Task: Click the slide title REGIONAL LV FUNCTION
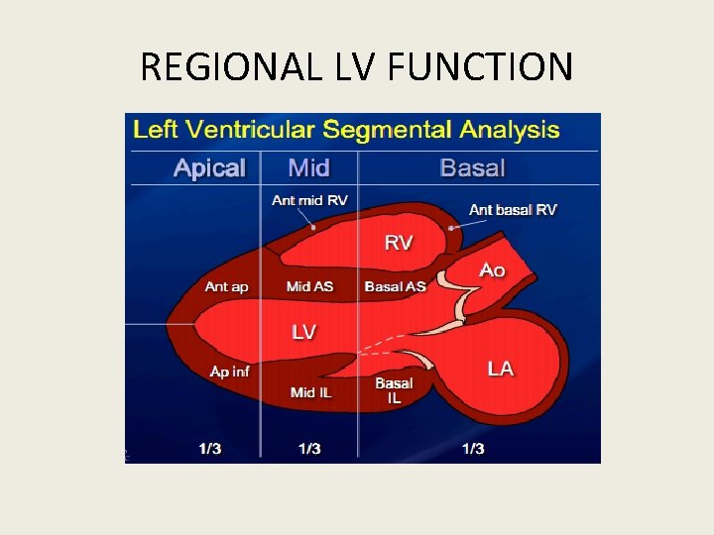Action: click(357, 67)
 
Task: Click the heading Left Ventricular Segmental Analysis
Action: click(346, 130)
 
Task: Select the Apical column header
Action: click(208, 167)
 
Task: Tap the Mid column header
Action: click(308, 167)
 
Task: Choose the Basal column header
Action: click(472, 167)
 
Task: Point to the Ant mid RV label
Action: click(309, 201)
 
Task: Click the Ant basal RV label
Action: click(513, 209)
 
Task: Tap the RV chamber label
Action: click(399, 243)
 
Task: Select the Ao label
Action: click(492, 269)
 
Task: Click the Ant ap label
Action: click(227, 286)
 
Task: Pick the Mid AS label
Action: click(309, 286)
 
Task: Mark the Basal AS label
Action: click(395, 286)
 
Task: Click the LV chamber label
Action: click(303, 332)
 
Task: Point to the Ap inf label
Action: click(229, 372)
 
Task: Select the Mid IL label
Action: click(310, 392)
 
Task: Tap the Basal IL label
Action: click(394, 390)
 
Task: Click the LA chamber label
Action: click(501, 369)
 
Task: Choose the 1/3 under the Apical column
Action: click(209, 449)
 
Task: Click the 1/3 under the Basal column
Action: click(473, 449)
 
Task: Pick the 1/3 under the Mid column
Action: click(309, 449)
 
